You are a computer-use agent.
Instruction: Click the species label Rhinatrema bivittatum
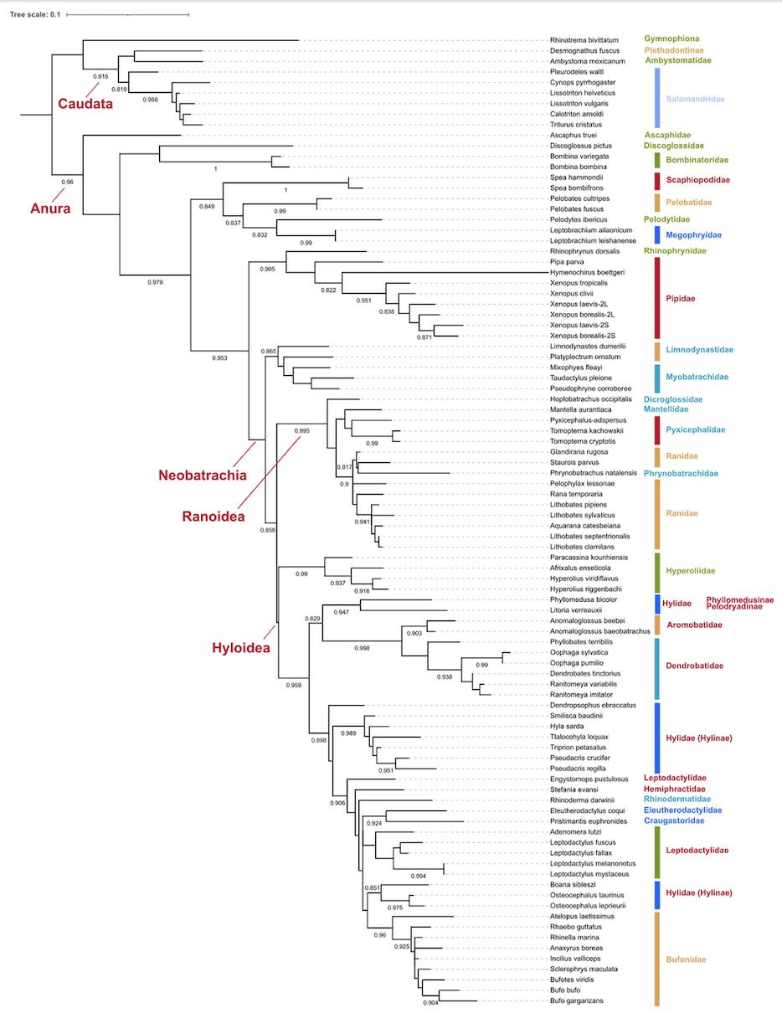click(584, 40)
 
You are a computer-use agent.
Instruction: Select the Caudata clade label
click(85, 104)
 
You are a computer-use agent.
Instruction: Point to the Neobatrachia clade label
click(202, 476)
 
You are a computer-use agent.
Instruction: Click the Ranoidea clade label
click(213, 517)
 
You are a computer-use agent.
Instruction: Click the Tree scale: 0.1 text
click(33, 14)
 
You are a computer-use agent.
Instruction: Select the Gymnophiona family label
click(671, 39)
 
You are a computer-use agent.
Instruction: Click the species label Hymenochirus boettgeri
click(587, 273)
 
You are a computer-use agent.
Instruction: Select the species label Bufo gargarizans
click(577, 1000)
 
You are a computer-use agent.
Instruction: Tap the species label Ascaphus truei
click(574, 135)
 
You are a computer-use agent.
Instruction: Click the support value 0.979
click(155, 282)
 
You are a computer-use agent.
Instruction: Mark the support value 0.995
click(301, 430)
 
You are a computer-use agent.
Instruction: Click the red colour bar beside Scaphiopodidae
click(657, 180)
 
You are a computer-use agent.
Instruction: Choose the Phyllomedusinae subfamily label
click(739, 599)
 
